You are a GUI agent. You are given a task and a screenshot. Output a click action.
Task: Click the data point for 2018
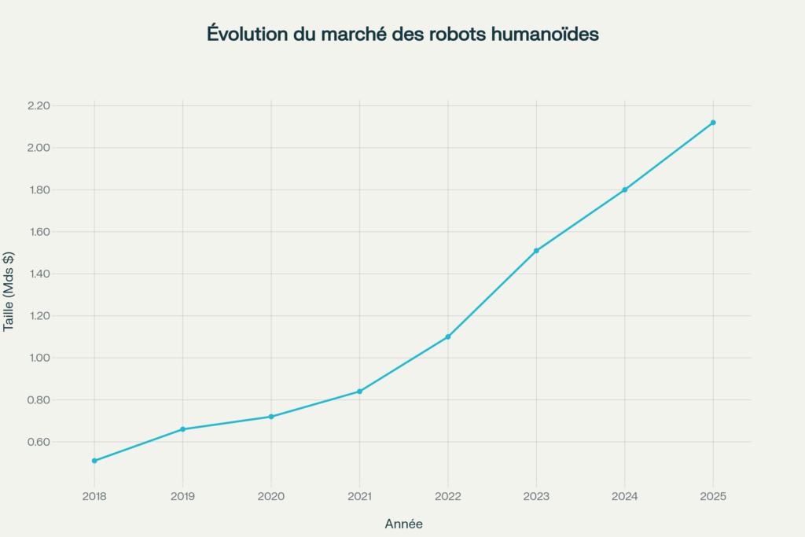[94, 461]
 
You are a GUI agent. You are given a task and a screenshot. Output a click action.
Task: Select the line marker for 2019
[183, 429]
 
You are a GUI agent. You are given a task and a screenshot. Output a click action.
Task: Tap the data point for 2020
[271, 417]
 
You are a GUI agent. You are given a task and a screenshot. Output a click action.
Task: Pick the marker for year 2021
[359, 392]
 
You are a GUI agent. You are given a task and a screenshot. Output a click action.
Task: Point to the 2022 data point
[448, 337]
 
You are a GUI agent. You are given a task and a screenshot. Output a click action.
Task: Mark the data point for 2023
[536, 251]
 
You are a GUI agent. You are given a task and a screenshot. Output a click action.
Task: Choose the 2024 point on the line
[625, 189]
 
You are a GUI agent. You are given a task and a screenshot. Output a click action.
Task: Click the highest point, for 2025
[713, 123]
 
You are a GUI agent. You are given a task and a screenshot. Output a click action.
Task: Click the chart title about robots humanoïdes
[402, 35]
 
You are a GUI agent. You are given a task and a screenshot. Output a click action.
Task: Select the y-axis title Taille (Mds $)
[9, 292]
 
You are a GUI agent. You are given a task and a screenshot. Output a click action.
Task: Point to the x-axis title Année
[403, 524]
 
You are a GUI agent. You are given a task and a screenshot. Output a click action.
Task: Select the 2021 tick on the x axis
[359, 496]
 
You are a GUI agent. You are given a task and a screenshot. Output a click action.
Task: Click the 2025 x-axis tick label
[713, 496]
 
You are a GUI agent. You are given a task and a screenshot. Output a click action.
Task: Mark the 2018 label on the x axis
[94, 496]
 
